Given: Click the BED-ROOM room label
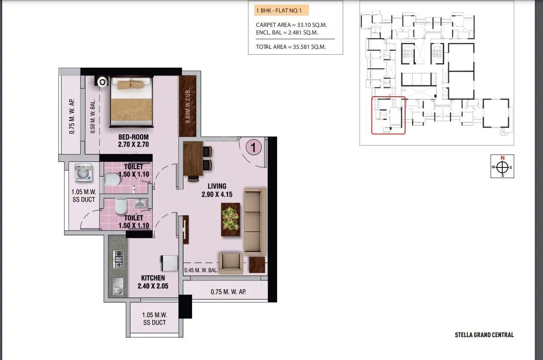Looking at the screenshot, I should (x=133, y=137).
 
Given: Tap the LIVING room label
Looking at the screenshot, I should (x=217, y=186).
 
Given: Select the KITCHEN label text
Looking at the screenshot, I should (x=153, y=278).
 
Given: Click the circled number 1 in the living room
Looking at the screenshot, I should (x=253, y=147).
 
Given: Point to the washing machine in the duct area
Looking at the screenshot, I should (x=83, y=172).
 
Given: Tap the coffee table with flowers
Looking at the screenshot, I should (x=231, y=219).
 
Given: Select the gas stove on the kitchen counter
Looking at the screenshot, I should (x=118, y=259).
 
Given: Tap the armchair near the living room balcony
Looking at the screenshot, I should (x=231, y=262).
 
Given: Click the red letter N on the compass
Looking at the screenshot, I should (x=502, y=158).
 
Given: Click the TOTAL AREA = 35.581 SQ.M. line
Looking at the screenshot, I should (x=291, y=47).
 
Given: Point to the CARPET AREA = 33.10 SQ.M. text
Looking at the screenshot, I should (x=294, y=25).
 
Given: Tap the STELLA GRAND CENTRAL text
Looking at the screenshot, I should (x=484, y=334).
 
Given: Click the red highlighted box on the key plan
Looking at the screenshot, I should (x=388, y=115).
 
